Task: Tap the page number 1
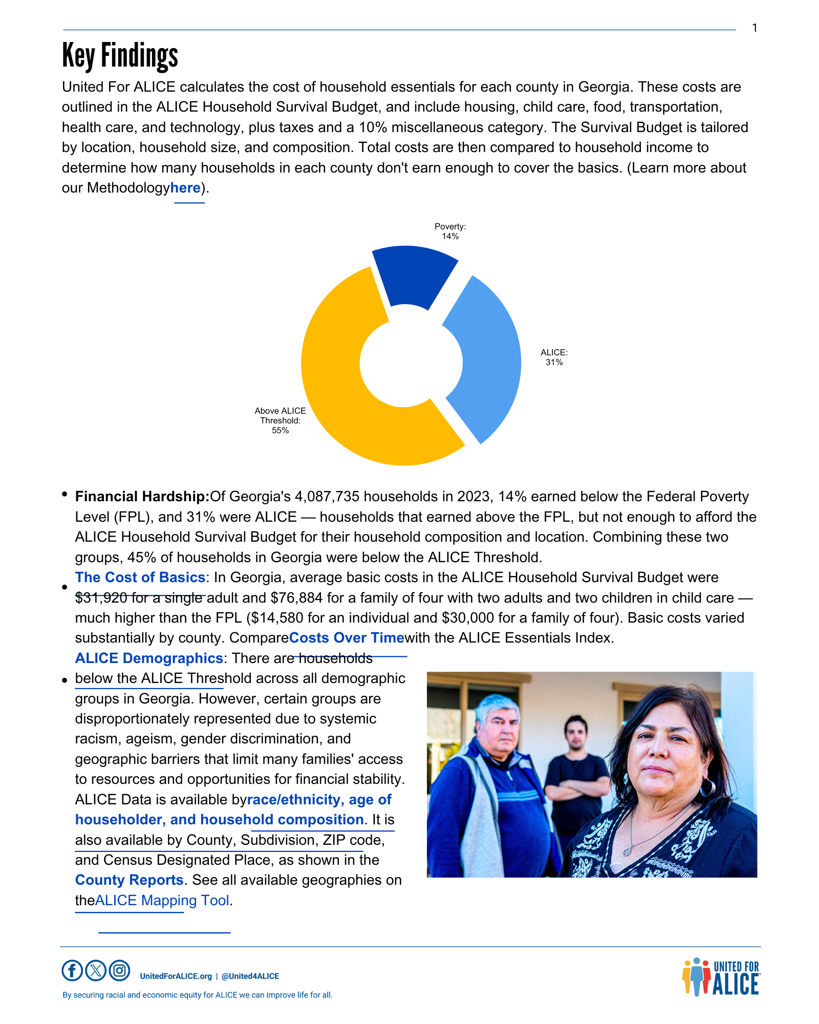pyautogui.click(x=755, y=28)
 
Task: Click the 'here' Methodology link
pyautogui.click(x=185, y=188)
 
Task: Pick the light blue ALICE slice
pyautogui.click(x=486, y=358)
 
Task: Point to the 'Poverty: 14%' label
pyautogui.click(x=450, y=231)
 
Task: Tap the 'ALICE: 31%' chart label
pyautogui.click(x=554, y=357)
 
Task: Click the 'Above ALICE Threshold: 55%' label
pyautogui.click(x=280, y=420)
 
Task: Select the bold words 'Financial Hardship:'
pyautogui.click(x=142, y=497)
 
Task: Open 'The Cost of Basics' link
pyautogui.click(x=140, y=578)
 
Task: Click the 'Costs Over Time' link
pyautogui.click(x=347, y=638)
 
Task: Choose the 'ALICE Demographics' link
pyautogui.click(x=148, y=658)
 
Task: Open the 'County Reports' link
pyautogui.click(x=129, y=880)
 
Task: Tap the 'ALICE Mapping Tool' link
pyautogui.click(x=162, y=901)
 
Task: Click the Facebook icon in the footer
pyautogui.click(x=72, y=970)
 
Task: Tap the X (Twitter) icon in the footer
pyautogui.click(x=96, y=970)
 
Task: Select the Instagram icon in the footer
pyautogui.click(x=119, y=970)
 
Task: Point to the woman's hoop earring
pyautogui.click(x=708, y=787)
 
